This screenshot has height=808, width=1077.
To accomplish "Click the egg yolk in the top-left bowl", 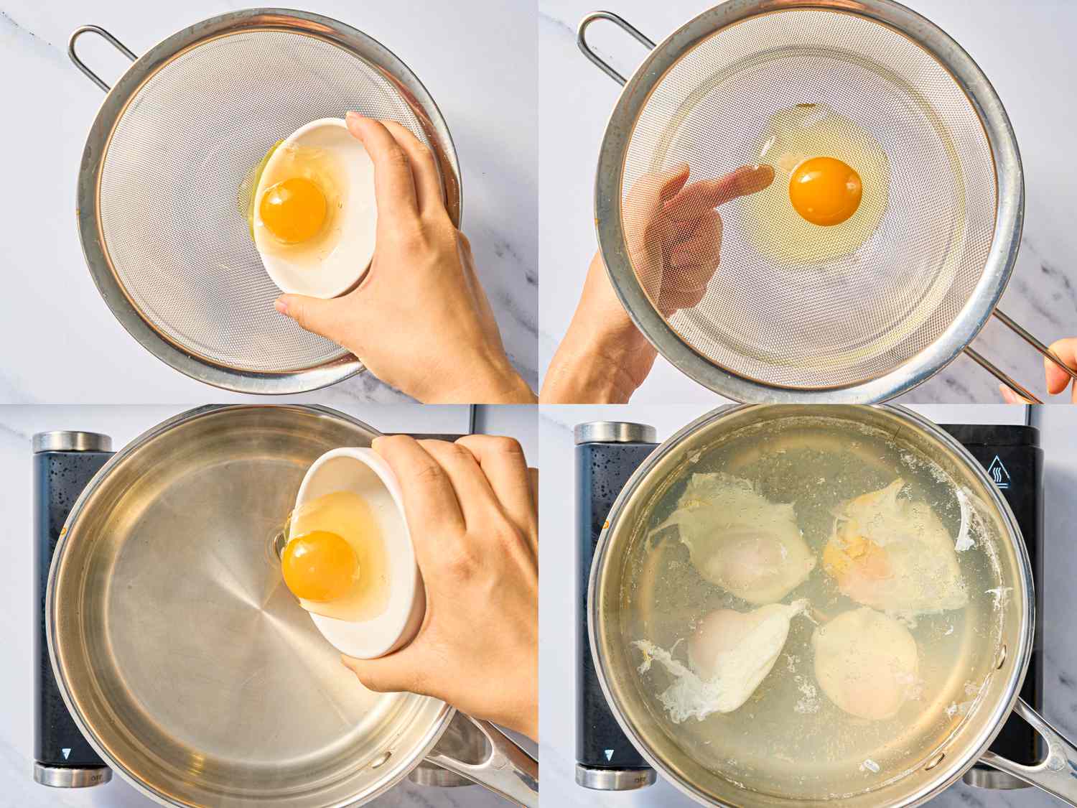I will tap(293, 210).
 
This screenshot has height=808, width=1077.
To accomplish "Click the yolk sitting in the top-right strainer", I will tap(825, 191).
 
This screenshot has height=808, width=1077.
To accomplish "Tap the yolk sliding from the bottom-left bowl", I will tap(321, 565).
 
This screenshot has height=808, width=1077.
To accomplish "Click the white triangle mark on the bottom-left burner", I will tap(65, 753).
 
